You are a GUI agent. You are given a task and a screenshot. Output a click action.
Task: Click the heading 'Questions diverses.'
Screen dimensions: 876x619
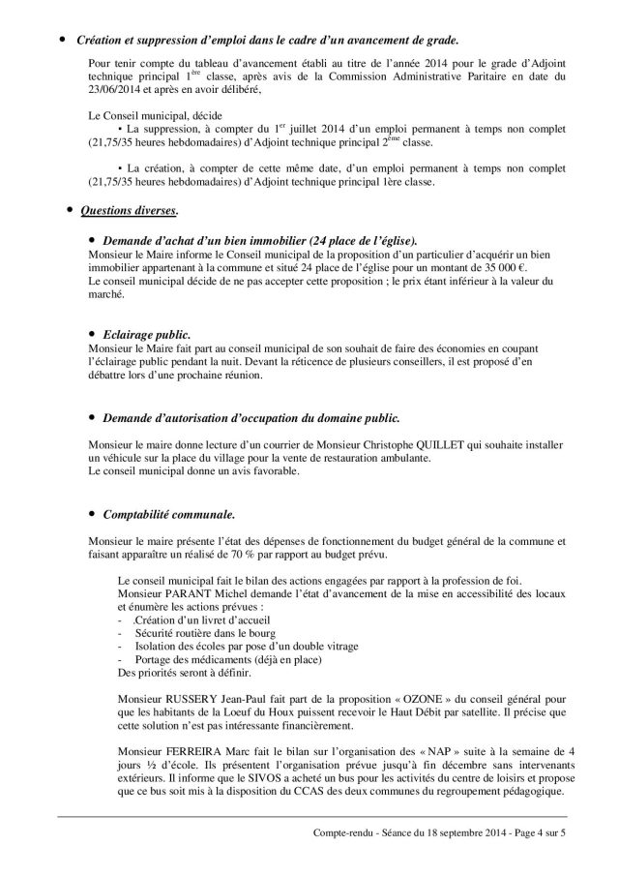(x=129, y=210)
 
